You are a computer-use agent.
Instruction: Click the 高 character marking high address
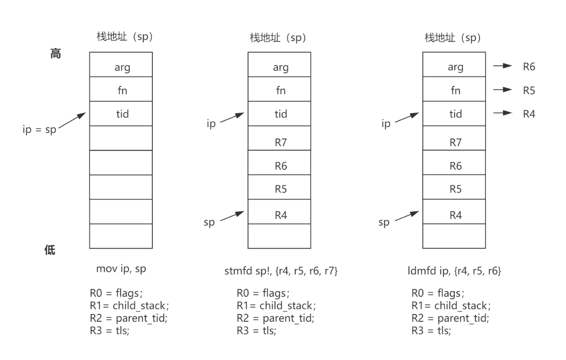tap(56, 54)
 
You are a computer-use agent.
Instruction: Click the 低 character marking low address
tap(50, 250)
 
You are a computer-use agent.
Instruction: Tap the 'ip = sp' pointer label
tap(40, 130)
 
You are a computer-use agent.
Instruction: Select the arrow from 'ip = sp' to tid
tap(72, 120)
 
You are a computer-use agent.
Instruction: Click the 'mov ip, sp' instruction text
tap(121, 269)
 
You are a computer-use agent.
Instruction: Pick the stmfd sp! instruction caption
tap(281, 271)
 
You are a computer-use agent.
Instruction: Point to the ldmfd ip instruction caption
tap(454, 271)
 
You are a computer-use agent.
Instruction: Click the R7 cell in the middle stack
tap(279, 138)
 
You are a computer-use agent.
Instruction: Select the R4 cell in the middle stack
tap(279, 211)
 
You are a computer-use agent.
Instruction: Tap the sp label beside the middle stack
tap(209, 223)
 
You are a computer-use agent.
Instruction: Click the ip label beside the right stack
tap(386, 124)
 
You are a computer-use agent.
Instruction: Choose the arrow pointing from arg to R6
tap(503, 66)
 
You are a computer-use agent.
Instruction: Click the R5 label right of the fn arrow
tap(529, 91)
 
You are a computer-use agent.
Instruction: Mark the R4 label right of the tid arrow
tap(529, 114)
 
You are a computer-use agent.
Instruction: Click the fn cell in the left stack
tap(121, 89)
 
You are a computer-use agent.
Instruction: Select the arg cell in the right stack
tap(454, 65)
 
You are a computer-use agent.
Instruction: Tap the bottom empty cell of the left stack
tap(121, 236)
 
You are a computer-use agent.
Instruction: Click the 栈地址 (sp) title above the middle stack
tap(278, 38)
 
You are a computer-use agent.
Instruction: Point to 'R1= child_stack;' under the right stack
tap(451, 306)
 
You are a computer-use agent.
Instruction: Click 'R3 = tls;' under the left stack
tap(109, 330)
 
